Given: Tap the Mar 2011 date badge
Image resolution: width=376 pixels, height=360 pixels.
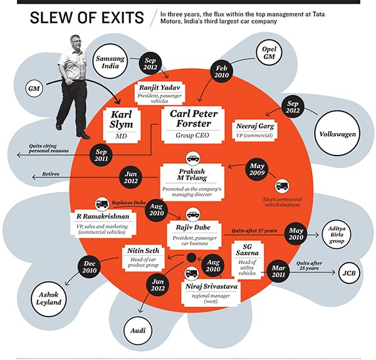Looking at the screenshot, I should point(278,270).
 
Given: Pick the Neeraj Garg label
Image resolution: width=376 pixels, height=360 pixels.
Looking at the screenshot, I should point(255,127).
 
